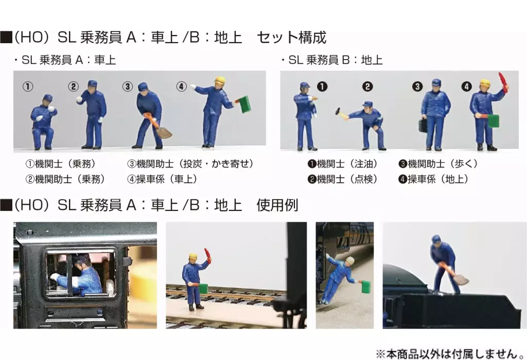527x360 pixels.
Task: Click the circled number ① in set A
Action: [28, 86]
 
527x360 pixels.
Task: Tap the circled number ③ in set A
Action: [128, 86]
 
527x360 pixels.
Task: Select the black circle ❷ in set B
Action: [367, 86]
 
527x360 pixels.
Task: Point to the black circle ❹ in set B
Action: [466, 86]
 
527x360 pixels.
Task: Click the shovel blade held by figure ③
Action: [164, 133]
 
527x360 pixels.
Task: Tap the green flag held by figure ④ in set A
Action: [244, 104]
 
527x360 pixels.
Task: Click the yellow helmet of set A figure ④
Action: [220, 81]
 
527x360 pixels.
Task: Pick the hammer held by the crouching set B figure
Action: [341, 113]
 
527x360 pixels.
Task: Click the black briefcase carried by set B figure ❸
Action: [423, 125]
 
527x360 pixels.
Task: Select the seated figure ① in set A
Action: [43, 122]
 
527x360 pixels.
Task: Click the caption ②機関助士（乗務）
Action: [65, 179]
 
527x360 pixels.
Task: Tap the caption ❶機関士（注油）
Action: [342, 164]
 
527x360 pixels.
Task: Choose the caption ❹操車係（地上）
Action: [433, 179]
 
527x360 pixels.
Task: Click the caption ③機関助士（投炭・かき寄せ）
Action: [190, 164]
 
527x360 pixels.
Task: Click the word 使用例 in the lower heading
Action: [277, 205]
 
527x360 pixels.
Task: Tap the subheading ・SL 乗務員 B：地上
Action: [332, 60]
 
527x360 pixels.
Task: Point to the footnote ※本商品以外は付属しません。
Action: [450, 353]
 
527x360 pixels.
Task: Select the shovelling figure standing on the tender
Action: [447, 264]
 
